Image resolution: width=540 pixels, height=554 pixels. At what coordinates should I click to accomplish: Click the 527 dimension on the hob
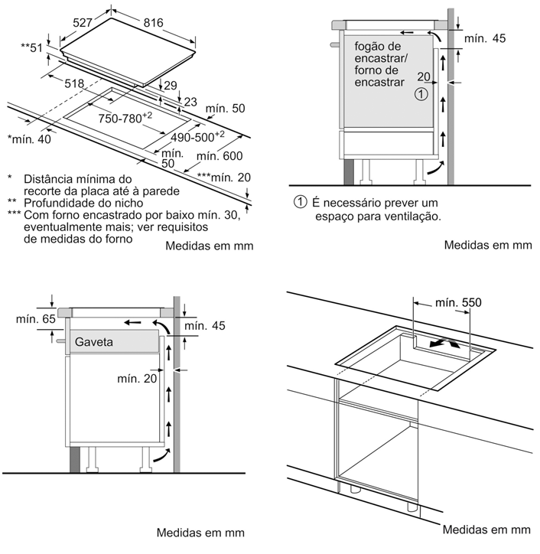[87, 24]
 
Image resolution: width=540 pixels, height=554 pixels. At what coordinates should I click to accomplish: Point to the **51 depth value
[32, 48]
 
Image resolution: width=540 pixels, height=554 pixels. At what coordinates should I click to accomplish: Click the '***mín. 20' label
[223, 178]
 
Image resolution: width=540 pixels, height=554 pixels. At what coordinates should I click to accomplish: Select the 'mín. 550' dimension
[458, 303]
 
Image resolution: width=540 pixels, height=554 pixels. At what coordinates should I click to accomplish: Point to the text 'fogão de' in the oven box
[378, 47]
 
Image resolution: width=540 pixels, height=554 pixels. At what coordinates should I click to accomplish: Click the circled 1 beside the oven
[420, 94]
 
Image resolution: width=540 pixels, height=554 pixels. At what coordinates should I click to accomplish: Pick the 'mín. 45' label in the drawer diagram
[205, 326]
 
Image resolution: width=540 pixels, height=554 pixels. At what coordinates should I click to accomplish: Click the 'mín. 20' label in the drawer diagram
[137, 378]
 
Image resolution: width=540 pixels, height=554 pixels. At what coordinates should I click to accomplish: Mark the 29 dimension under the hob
[170, 85]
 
